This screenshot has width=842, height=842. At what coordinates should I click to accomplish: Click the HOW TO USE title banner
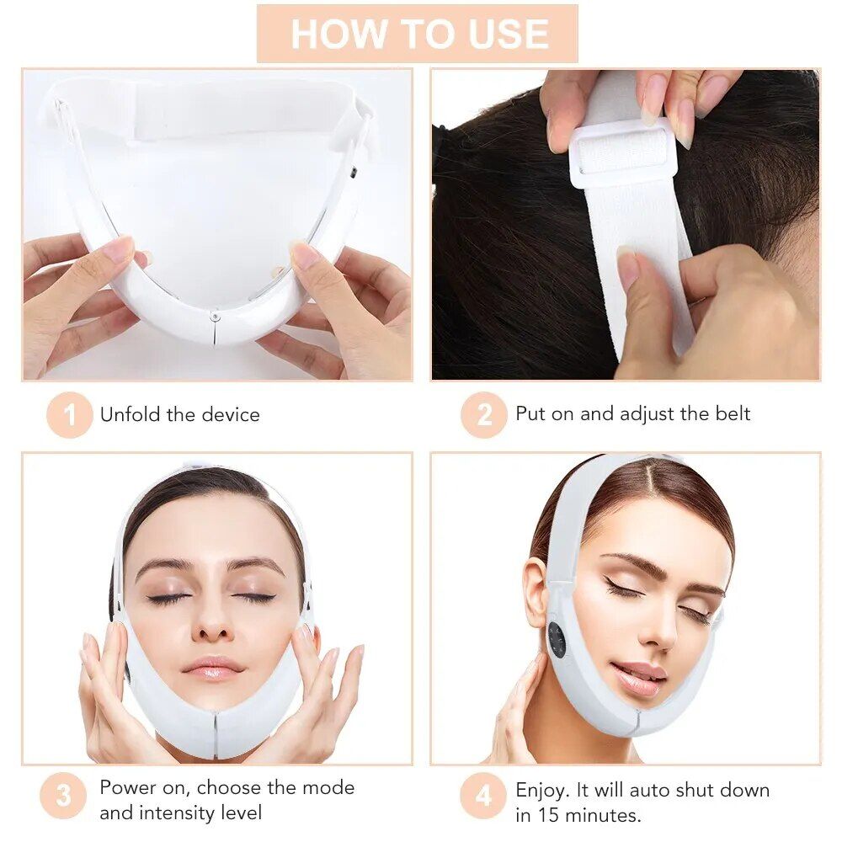coord(418,34)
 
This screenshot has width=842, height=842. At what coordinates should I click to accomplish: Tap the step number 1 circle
coord(69,414)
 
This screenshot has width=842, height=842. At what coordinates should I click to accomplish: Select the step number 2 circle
coord(483,414)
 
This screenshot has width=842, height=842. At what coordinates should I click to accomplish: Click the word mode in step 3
coord(329,788)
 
